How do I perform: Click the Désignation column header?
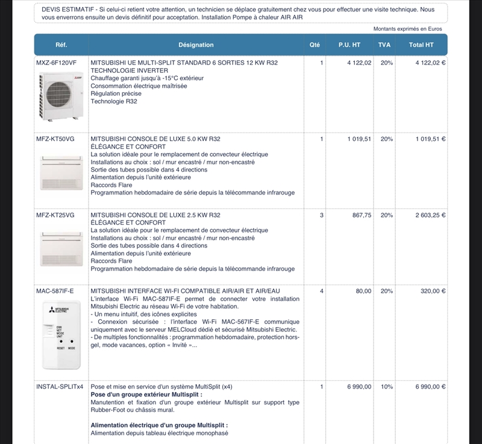pos(196,45)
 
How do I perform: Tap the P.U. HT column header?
pos(349,45)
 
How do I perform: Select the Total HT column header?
pos(421,45)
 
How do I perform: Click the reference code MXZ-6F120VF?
pos(56,63)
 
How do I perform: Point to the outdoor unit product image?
pos(60,96)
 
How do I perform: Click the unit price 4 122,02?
pos(359,63)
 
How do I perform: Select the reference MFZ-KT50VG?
pos(55,139)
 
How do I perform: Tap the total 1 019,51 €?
pos(430,139)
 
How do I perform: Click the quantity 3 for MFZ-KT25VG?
pos(322,215)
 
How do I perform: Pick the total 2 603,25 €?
pos(430,215)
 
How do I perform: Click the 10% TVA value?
pos(387,387)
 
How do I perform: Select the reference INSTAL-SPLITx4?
pos(60,387)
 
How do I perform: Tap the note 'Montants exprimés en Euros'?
pos(407,28)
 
